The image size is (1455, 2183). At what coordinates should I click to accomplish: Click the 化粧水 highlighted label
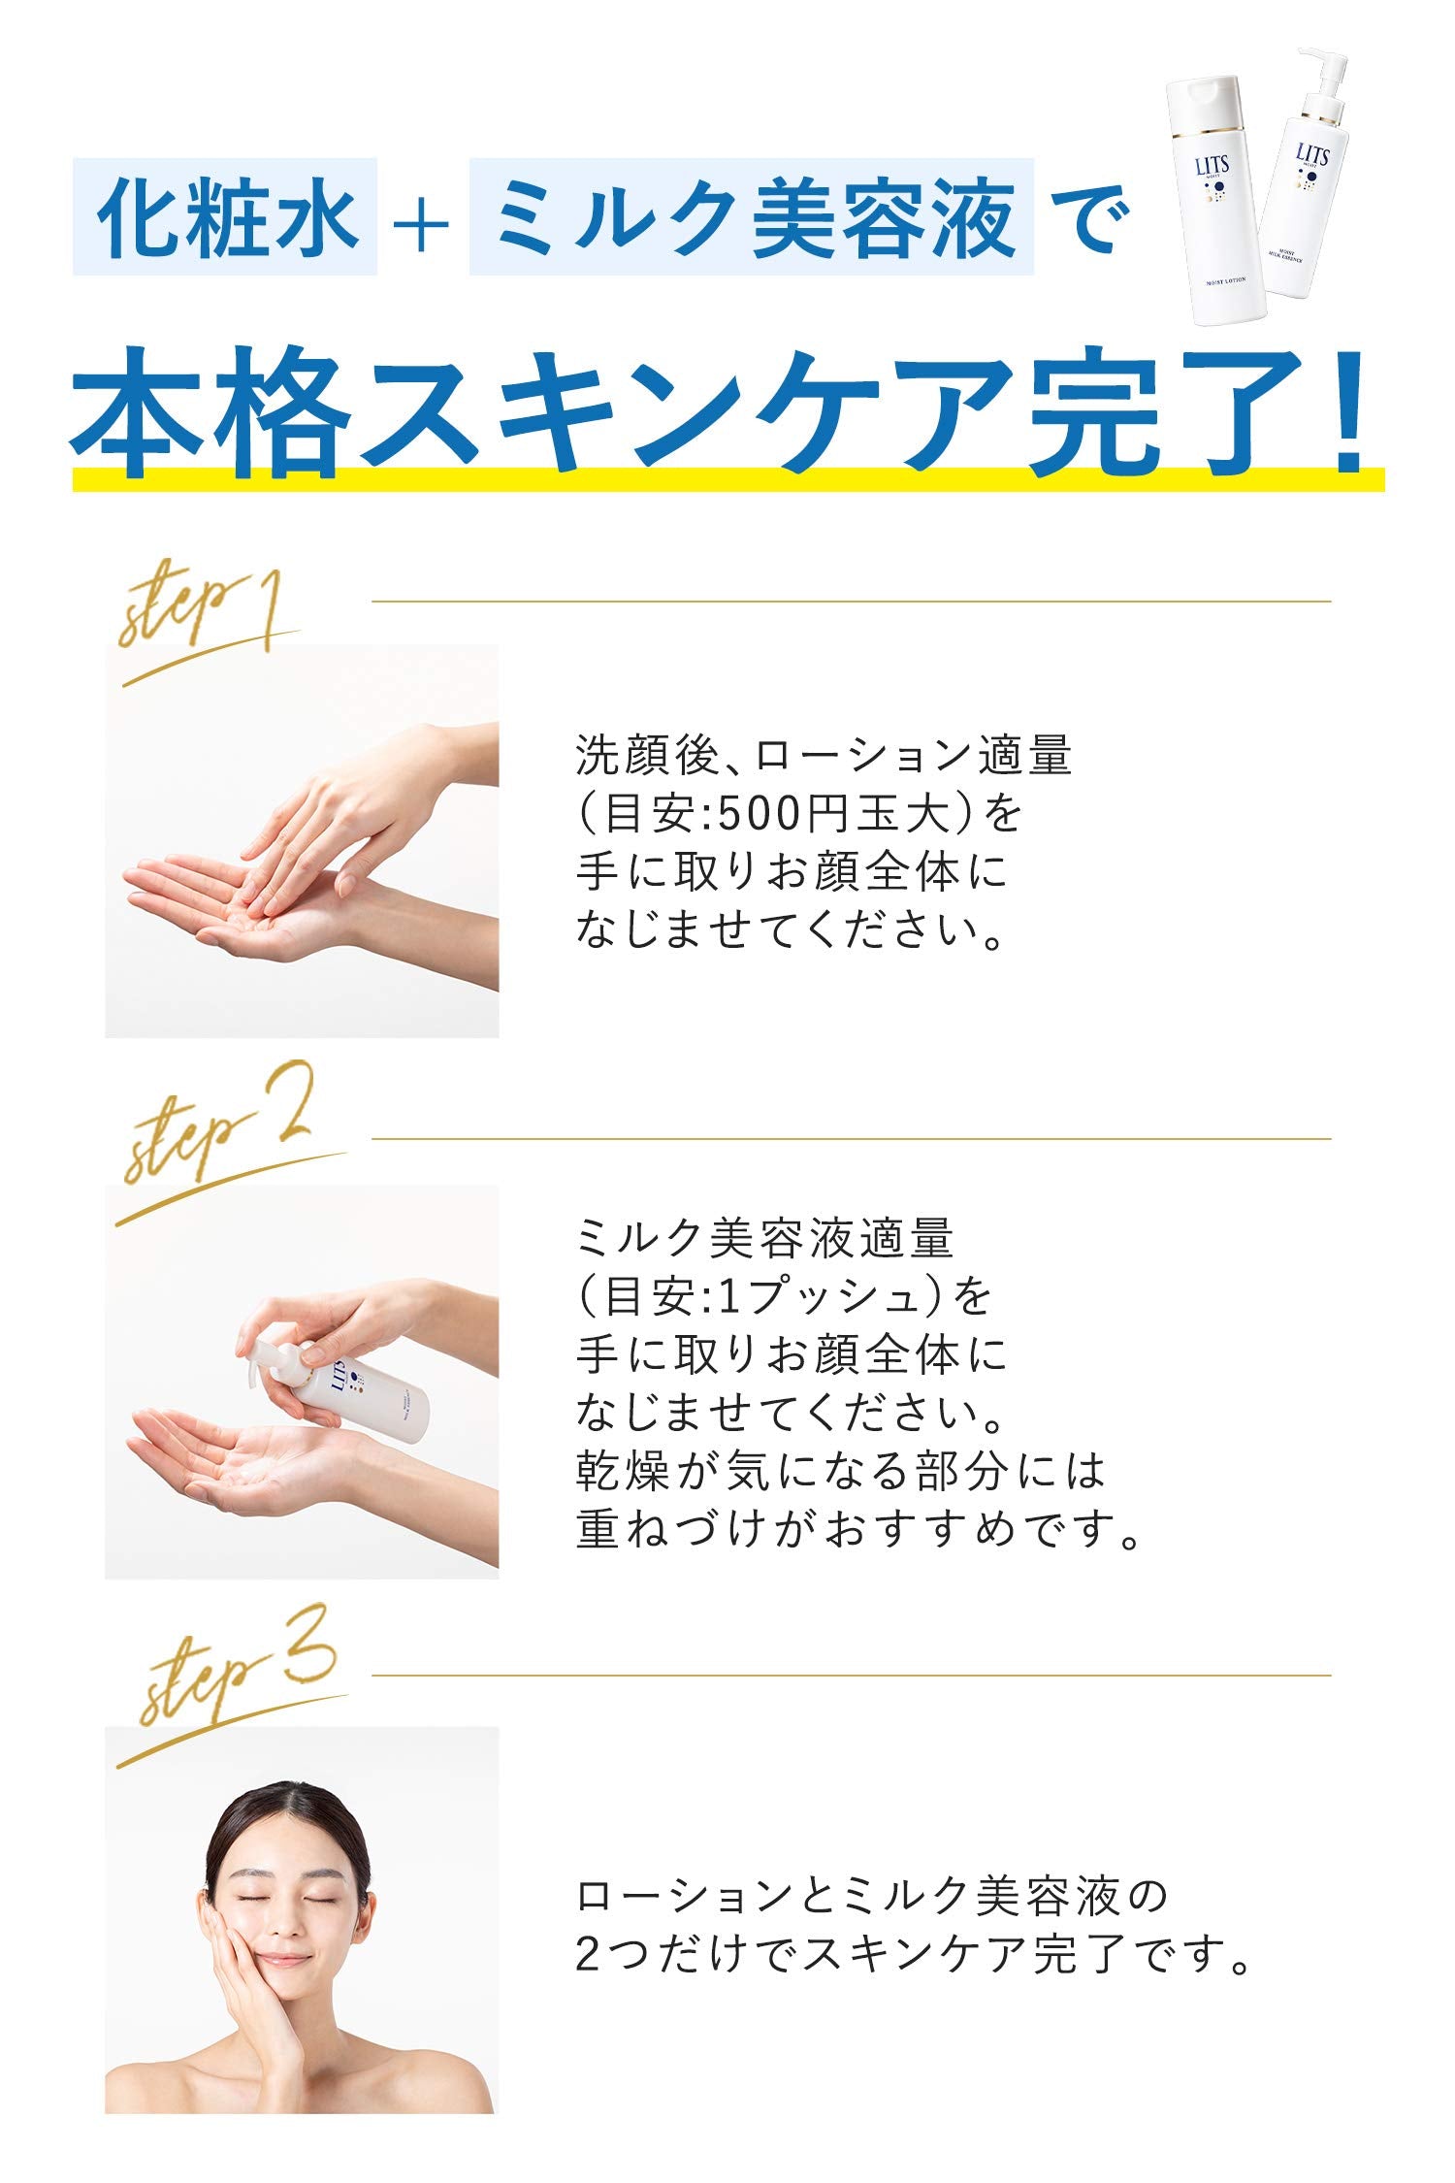(x=225, y=217)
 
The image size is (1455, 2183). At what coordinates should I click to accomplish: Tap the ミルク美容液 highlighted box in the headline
(x=751, y=217)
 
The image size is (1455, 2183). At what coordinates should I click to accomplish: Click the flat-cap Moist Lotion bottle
(x=1216, y=204)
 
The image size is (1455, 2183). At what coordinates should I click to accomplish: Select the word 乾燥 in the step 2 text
(x=623, y=1471)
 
